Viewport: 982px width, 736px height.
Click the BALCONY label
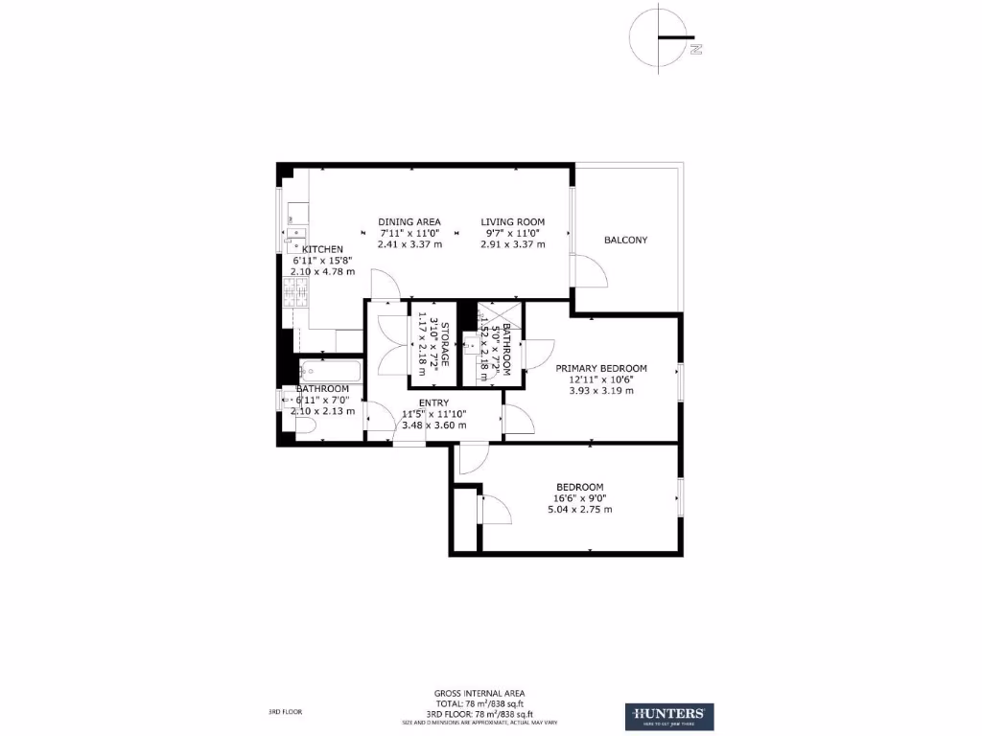tap(625, 240)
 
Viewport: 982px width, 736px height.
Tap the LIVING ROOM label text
tap(512, 221)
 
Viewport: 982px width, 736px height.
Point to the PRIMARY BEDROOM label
tap(601, 368)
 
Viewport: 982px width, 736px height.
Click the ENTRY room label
tap(434, 402)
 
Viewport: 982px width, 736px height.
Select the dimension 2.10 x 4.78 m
tap(322, 271)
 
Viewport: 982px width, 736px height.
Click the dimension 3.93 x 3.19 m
tap(601, 391)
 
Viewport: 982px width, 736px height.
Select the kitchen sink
tap(294, 231)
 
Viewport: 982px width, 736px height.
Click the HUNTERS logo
tap(669, 716)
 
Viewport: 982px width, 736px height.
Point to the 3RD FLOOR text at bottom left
tap(285, 712)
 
